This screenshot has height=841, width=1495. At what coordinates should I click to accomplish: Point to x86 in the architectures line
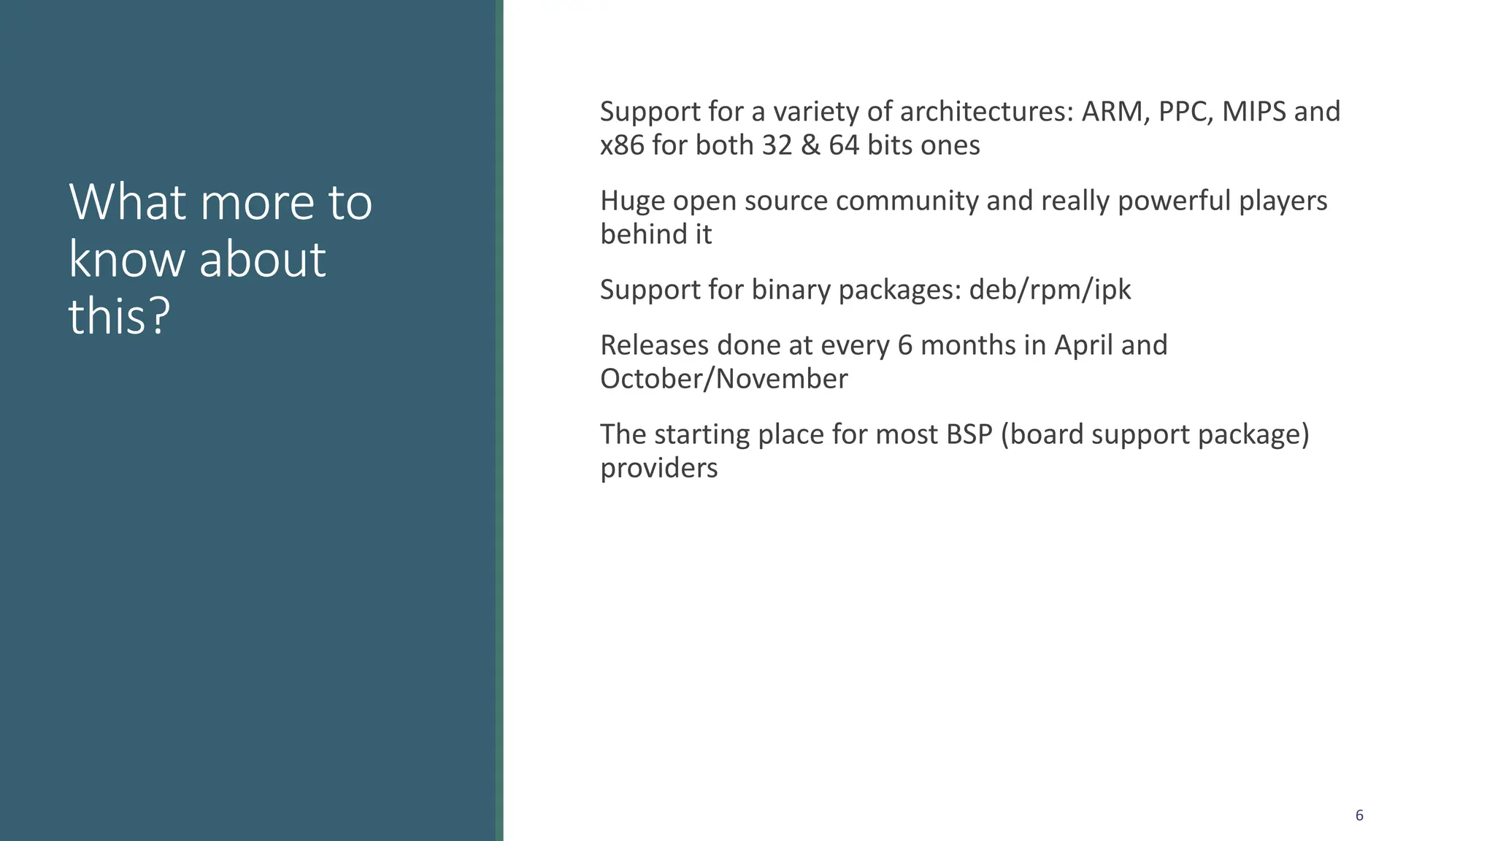pos(622,145)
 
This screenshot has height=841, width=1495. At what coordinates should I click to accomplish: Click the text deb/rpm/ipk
pos(1050,290)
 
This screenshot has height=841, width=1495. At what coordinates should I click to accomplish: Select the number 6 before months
pos(905,345)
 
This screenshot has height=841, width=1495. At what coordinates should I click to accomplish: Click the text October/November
pos(723,379)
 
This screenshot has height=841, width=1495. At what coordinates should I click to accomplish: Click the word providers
pos(658,468)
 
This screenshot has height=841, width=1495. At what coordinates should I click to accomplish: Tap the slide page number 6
pos(1359,815)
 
